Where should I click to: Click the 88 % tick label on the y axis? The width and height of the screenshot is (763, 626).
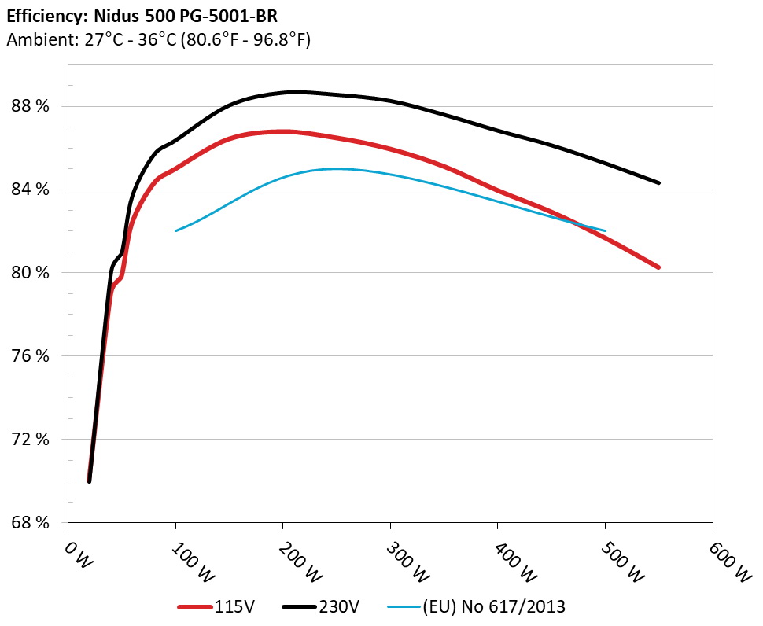(32, 106)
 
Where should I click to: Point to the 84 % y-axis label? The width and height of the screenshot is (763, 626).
(32, 190)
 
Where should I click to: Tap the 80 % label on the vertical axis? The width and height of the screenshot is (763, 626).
(32, 273)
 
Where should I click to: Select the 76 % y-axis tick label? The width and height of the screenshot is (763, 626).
(32, 356)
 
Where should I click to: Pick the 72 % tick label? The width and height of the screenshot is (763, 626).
(32, 440)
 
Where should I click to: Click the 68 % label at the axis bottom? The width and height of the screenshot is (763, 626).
(32, 523)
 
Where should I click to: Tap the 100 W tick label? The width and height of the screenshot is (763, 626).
(184, 561)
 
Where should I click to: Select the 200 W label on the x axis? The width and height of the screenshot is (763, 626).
(292, 561)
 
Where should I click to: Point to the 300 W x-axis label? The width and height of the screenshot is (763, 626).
(399, 561)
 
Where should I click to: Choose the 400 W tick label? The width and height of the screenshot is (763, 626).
(507, 561)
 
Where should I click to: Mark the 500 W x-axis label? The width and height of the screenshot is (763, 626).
(614, 561)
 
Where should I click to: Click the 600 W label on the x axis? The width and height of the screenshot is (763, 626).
(721, 561)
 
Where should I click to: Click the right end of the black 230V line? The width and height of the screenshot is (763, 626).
(658, 182)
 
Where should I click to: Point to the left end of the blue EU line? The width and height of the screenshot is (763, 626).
(175, 230)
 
